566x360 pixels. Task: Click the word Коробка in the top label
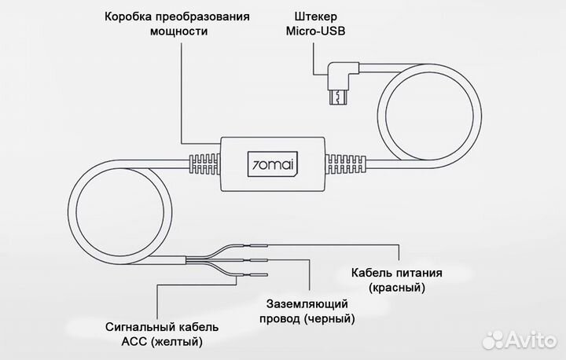point(129,17)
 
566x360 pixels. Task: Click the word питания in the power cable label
point(417,273)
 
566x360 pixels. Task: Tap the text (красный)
point(397,288)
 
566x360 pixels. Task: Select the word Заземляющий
point(307,303)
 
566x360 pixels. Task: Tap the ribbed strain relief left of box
point(204,165)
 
